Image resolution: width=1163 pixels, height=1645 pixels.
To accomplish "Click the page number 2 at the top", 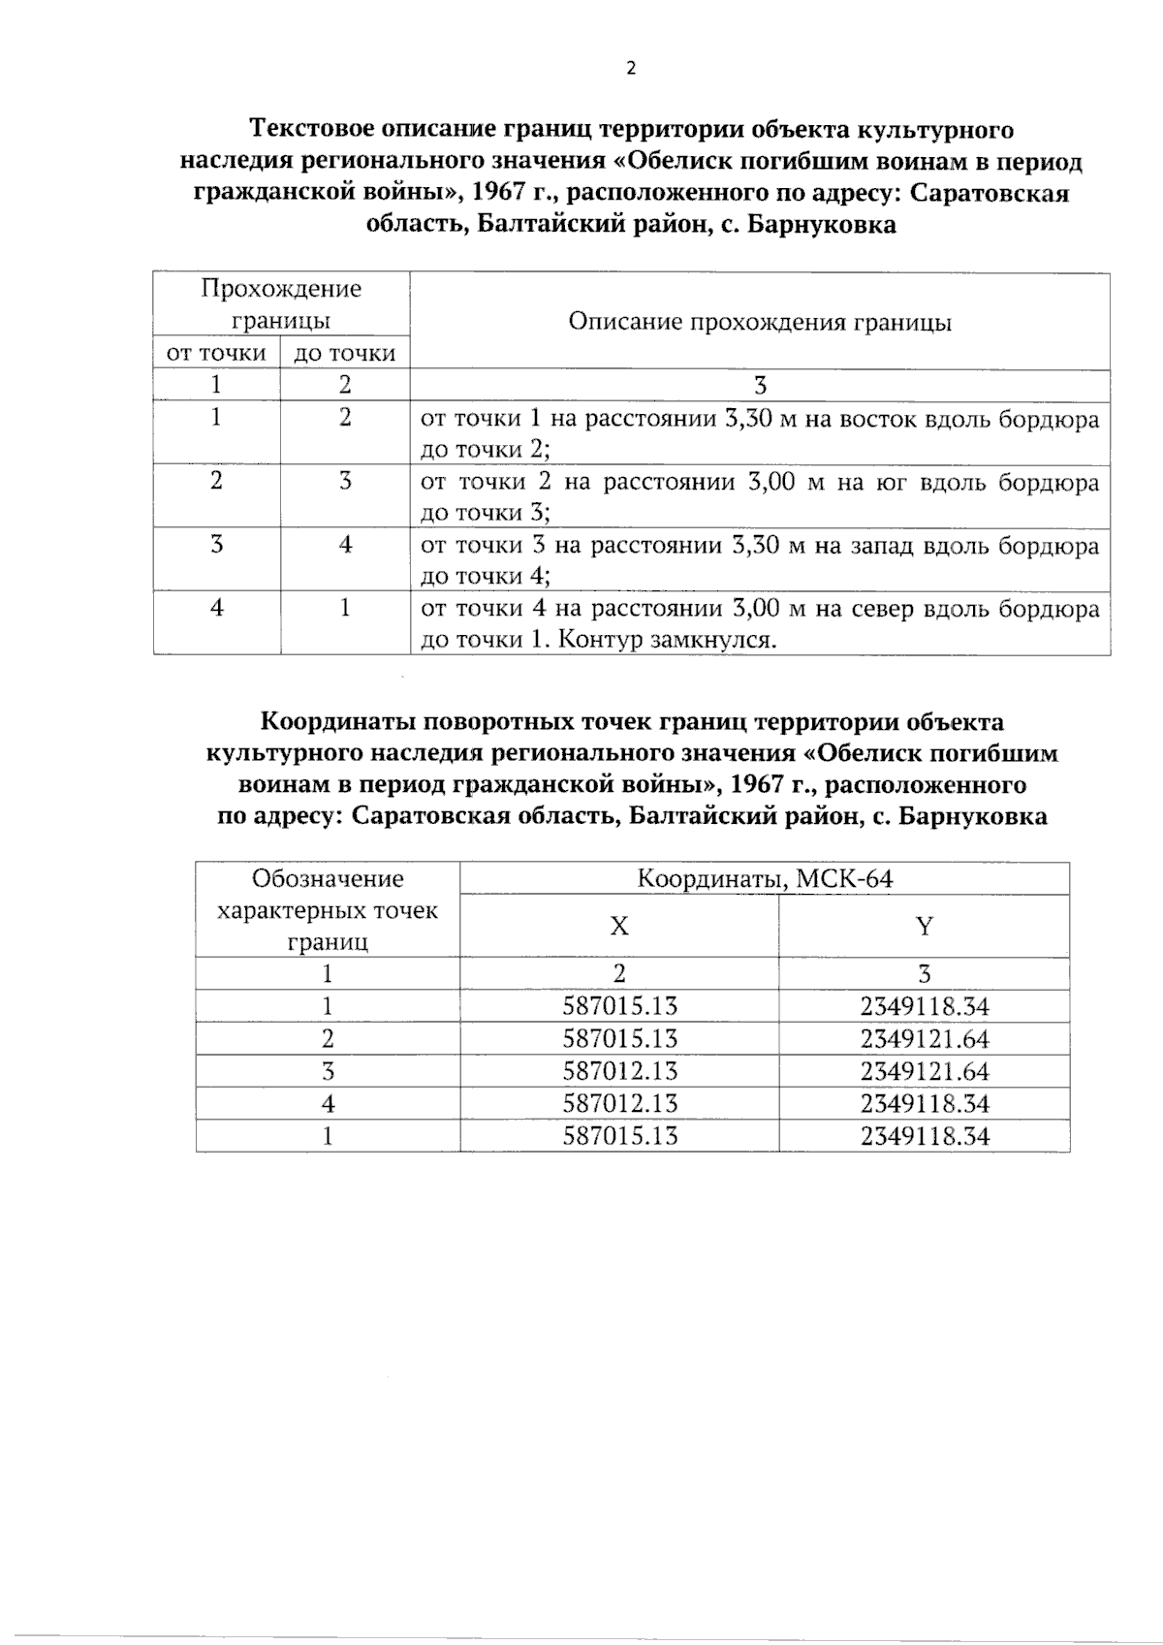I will pyautogui.click(x=632, y=68).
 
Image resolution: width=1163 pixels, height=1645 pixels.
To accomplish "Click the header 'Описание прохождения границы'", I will pyautogui.click(x=759, y=322).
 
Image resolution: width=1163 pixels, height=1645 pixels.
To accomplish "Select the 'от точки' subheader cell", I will pyautogui.click(x=216, y=353).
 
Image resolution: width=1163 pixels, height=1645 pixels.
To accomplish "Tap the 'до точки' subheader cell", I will pyautogui.click(x=344, y=354).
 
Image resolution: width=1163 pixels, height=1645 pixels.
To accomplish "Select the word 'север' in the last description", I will pyautogui.click(x=884, y=610).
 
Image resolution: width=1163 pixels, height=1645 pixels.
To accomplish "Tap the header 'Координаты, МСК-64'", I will pyautogui.click(x=764, y=879).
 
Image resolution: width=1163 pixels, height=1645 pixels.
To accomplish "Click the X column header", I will pyautogui.click(x=618, y=926).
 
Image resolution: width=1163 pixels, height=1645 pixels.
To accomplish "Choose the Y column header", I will pyautogui.click(x=924, y=926).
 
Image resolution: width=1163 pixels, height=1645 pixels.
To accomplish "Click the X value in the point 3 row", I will pyautogui.click(x=619, y=1071).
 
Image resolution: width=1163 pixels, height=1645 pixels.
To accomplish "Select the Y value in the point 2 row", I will pyautogui.click(x=924, y=1039).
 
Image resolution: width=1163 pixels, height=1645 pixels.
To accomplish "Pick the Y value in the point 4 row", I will pyautogui.click(x=924, y=1103).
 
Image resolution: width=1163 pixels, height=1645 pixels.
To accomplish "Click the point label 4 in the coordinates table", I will pyautogui.click(x=328, y=1103).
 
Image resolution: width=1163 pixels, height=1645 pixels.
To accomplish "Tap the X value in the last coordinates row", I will pyautogui.click(x=619, y=1135).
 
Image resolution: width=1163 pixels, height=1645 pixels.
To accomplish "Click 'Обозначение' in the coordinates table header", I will pyautogui.click(x=328, y=879).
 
